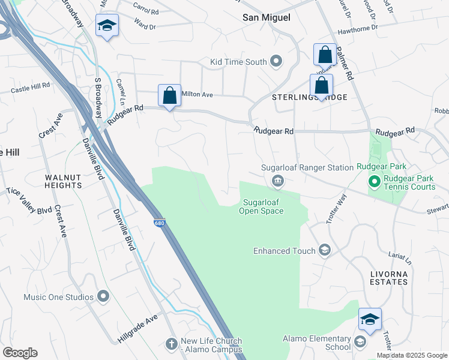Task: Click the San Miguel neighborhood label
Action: [x=266, y=17]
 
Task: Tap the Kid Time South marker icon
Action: [x=276, y=61]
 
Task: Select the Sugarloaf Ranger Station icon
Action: [x=278, y=181]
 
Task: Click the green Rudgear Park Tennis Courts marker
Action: [x=373, y=181]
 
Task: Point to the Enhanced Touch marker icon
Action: [x=325, y=251]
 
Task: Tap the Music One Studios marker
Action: [x=103, y=296]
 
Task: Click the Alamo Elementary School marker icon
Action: [x=360, y=343]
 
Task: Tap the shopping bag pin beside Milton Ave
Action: [x=169, y=95]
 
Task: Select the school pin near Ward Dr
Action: [x=107, y=26]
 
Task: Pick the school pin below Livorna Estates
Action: [x=370, y=319]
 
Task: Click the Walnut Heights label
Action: [x=63, y=181]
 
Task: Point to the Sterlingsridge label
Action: [x=310, y=97]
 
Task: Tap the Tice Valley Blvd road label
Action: [x=29, y=200]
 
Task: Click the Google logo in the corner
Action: [x=20, y=353]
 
